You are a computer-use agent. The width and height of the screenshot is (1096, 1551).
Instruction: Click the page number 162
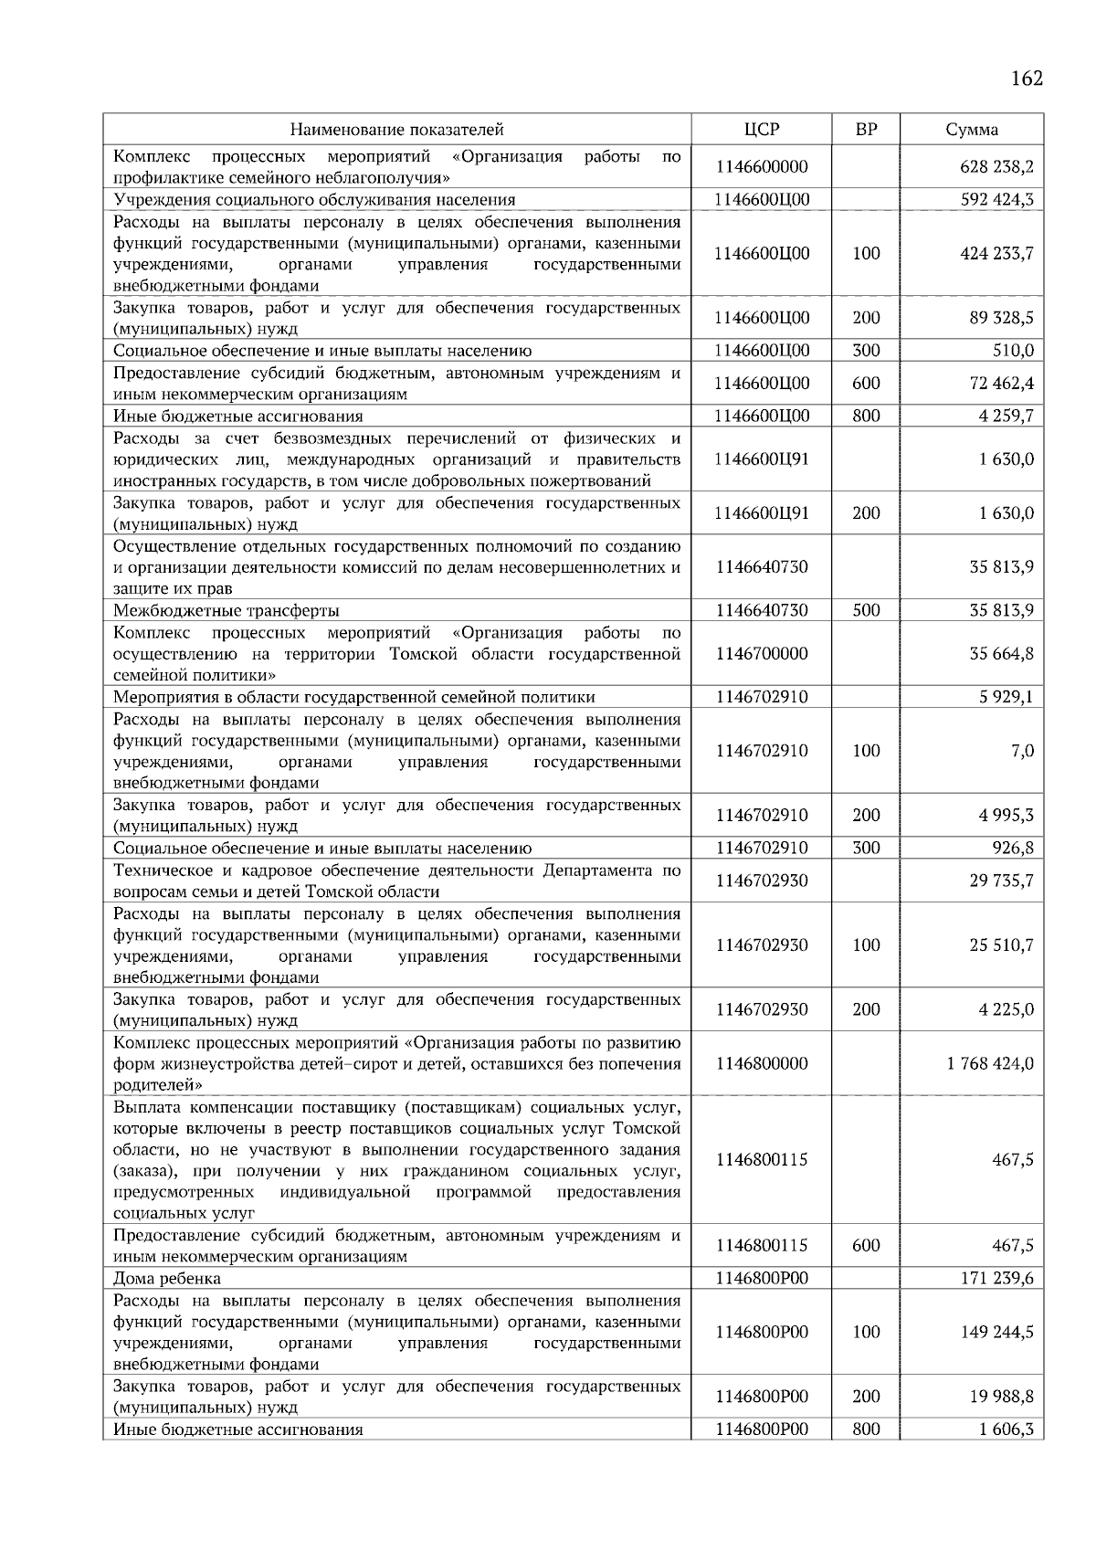[x=1026, y=79]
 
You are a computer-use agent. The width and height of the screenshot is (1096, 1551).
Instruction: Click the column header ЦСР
[x=762, y=130]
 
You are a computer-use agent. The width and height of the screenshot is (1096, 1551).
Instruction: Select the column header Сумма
[x=972, y=130]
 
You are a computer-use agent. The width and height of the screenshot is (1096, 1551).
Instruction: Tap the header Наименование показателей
[x=397, y=130]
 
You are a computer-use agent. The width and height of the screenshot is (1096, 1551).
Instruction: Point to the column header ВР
[x=865, y=130]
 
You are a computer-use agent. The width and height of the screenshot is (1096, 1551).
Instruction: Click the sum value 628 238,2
[x=996, y=167]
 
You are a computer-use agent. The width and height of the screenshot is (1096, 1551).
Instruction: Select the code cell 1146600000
[x=762, y=167]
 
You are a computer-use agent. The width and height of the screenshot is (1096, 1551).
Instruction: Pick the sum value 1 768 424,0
[x=990, y=1064]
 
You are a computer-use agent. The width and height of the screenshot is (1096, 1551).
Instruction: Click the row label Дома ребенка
[x=167, y=1279]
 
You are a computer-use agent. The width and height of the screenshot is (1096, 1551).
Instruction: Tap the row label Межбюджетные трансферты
[x=227, y=611]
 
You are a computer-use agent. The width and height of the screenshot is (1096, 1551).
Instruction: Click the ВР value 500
[x=865, y=611]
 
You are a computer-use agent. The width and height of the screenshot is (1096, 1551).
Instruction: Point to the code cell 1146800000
[x=762, y=1064]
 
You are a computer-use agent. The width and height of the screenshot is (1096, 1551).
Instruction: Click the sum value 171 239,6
[x=996, y=1279]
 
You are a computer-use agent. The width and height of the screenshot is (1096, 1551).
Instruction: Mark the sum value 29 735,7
[x=1002, y=881]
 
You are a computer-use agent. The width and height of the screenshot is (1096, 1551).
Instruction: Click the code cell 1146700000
[x=762, y=654]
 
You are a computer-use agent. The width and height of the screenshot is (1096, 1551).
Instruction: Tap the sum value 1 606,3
[x=1006, y=1430]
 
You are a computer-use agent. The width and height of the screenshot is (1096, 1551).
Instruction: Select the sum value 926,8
[x=1014, y=849]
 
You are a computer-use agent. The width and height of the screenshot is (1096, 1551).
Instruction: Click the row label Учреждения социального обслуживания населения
[x=314, y=200]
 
